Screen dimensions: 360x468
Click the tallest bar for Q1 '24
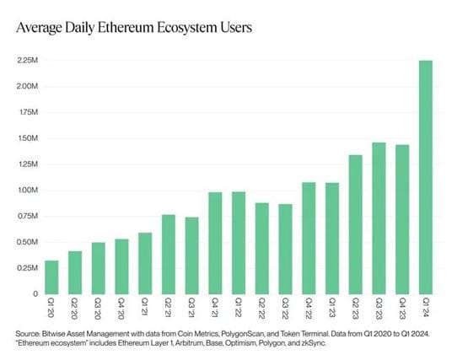point(426,177)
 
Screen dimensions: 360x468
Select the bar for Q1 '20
point(51,277)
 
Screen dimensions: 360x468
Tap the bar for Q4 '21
point(215,243)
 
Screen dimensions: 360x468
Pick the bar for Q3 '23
point(379,218)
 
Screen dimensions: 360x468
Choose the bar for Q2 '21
point(168,254)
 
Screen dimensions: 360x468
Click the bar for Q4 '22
point(309,238)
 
